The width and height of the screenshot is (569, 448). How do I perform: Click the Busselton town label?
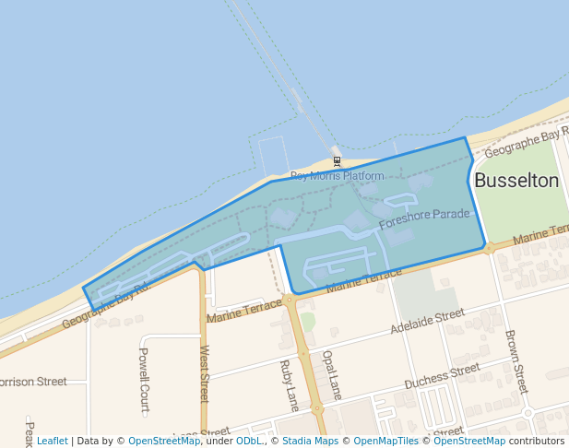coord(516,181)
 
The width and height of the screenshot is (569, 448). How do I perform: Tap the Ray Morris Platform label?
coord(337,176)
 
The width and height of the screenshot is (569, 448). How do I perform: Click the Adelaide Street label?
coord(427,322)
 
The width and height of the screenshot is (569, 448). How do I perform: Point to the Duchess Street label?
coord(442,375)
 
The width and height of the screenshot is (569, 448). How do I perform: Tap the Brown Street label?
coord(516,362)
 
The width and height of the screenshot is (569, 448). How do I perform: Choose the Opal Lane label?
coord(332,374)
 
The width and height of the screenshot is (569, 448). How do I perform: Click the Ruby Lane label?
coord(289,384)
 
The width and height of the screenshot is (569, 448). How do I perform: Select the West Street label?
coord(205,374)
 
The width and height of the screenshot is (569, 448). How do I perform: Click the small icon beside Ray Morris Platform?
coord(337,161)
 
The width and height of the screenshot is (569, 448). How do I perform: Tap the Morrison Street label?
coord(32,381)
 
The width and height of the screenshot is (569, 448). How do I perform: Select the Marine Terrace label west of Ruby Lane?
coord(243,310)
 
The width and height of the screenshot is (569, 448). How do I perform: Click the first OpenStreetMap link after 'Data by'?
coord(164,441)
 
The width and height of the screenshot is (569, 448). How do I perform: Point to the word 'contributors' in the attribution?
coord(536,441)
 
